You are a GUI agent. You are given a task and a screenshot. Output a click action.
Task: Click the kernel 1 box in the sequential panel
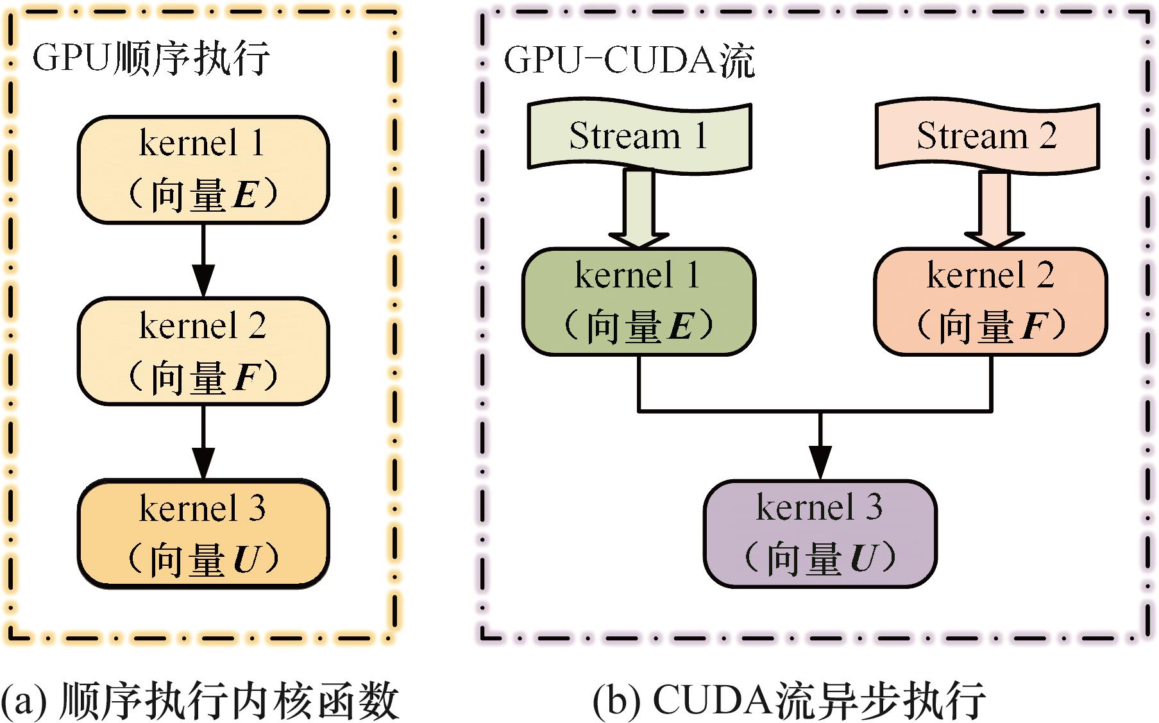[x=203, y=170]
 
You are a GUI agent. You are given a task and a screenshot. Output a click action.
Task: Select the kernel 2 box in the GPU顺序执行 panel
[x=203, y=351]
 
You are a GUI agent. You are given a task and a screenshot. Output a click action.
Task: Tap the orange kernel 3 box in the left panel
[x=203, y=533]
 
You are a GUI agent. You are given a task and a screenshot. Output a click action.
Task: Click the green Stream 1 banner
[x=639, y=136]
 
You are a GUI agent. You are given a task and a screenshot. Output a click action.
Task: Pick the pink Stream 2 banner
[x=987, y=136]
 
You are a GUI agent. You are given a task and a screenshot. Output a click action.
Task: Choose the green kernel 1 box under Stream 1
[x=639, y=302]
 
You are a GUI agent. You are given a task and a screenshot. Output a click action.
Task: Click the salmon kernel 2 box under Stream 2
[x=990, y=302]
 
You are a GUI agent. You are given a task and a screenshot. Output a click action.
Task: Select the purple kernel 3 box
[x=820, y=533]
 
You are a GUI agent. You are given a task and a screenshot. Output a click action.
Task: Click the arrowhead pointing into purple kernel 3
[x=820, y=462]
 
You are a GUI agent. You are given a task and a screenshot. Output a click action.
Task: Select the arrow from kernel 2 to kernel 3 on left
[x=203, y=443]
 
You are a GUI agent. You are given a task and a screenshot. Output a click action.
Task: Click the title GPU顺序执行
[x=151, y=59]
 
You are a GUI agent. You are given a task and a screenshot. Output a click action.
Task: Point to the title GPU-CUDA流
[x=629, y=62]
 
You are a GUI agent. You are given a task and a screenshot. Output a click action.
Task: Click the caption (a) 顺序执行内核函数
[x=200, y=701]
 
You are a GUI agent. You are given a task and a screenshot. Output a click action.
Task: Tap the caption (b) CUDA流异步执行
[x=789, y=701]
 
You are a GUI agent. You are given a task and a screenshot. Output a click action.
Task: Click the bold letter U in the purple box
[x=863, y=558]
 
